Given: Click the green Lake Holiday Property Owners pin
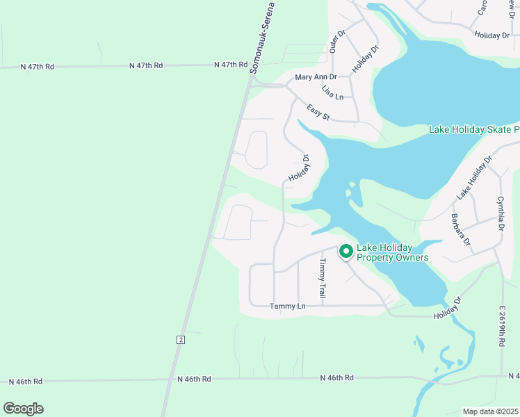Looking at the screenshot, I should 345,251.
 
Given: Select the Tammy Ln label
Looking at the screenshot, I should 287,306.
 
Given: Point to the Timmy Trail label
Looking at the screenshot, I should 322,279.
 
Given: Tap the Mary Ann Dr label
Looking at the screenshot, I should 316,77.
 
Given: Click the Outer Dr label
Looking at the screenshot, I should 338,42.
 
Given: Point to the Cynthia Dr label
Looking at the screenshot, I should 501,215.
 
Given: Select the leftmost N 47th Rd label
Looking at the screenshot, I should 38,67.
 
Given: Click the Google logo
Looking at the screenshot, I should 23,409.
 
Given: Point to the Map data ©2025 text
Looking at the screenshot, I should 490,411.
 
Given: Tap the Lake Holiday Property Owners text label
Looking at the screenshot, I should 393,252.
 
